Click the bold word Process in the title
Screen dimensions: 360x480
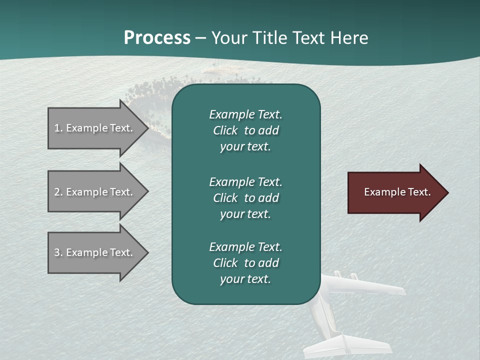tap(157, 37)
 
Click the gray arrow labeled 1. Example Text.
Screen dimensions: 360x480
tap(95, 128)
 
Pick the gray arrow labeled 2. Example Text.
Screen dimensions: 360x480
tap(95, 192)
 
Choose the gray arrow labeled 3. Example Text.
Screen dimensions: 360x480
tap(95, 252)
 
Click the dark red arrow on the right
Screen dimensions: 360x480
tap(395, 192)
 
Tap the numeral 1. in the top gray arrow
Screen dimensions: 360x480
tap(58, 128)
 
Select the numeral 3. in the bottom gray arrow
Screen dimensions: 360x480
tap(58, 252)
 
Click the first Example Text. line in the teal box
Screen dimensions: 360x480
tap(245, 114)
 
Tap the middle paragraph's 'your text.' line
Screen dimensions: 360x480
tap(245, 214)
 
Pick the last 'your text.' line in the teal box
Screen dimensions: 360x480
tap(245, 279)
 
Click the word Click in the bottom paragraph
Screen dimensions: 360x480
tap(225, 263)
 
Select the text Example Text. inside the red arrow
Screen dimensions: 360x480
tap(397, 192)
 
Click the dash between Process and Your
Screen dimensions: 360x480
tap(200, 38)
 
